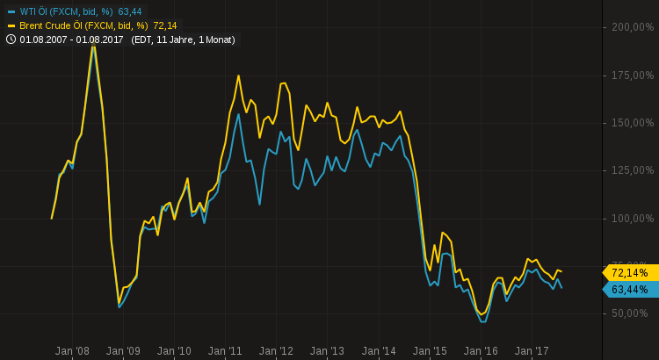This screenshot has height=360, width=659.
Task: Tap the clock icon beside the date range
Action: pyautogui.click(x=11, y=40)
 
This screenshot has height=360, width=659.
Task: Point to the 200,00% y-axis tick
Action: pyautogui.click(x=632, y=27)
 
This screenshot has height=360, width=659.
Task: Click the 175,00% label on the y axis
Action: pyautogui.click(x=632, y=76)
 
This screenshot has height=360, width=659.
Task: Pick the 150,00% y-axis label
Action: pyautogui.click(x=632, y=123)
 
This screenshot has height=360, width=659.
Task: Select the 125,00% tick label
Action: pyautogui.click(x=632, y=170)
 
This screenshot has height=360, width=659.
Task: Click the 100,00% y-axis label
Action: pyautogui.click(x=632, y=219)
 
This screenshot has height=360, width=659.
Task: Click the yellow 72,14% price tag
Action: pyautogui.click(x=629, y=273)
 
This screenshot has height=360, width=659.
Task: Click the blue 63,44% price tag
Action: pyautogui.click(x=629, y=290)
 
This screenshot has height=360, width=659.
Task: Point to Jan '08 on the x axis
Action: pyautogui.click(x=72, y=350)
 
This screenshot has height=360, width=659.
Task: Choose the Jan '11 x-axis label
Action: pyautogui.click(x=225, y=350)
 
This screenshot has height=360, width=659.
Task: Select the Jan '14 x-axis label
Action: pyautogui.click(x=379, y=350)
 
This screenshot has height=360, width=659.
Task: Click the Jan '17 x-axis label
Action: pyautogui.click(x=532, y=350)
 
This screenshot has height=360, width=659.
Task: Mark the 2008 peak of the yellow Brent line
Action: pyautogui.click(x=94, y=44)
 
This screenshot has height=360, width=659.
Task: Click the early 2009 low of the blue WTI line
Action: pyautogui.click(x=119, y=306)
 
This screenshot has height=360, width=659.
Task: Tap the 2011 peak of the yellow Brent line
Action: pyautogui.click(x=238, y=76)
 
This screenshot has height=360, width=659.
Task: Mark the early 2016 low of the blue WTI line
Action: pyautogui.click(x=482, y=321)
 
